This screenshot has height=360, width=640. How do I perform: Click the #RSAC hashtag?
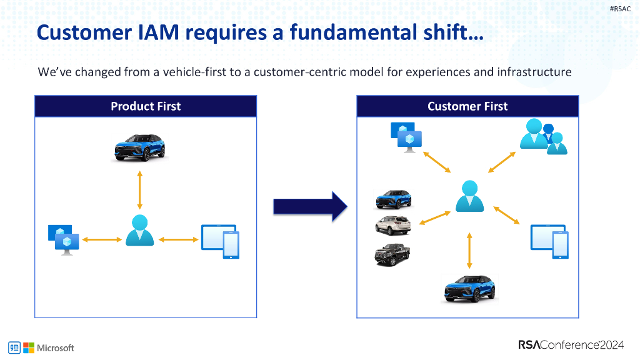[x=621, y=8]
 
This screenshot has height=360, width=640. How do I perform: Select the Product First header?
[x=146, y=106]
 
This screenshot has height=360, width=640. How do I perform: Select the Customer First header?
[x=467, y=106]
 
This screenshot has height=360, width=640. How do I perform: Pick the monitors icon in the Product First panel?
[x=64, y=239]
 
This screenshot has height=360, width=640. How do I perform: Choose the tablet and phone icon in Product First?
[x=220, y=241]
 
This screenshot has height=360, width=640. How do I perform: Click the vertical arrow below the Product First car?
[x=139, y=189]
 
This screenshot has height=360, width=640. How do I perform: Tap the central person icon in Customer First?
[x=469, y=196]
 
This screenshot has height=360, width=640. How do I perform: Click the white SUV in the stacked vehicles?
[x=393, y=224]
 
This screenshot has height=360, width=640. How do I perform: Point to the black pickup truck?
[x=392, y=254]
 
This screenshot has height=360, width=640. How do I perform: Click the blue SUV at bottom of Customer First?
[x=469, y=288]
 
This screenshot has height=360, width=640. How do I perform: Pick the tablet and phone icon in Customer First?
[x=550, y=241]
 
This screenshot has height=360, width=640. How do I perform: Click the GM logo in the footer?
[x=14, y=347]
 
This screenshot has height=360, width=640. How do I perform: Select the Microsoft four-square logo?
[x=29, y=347]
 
